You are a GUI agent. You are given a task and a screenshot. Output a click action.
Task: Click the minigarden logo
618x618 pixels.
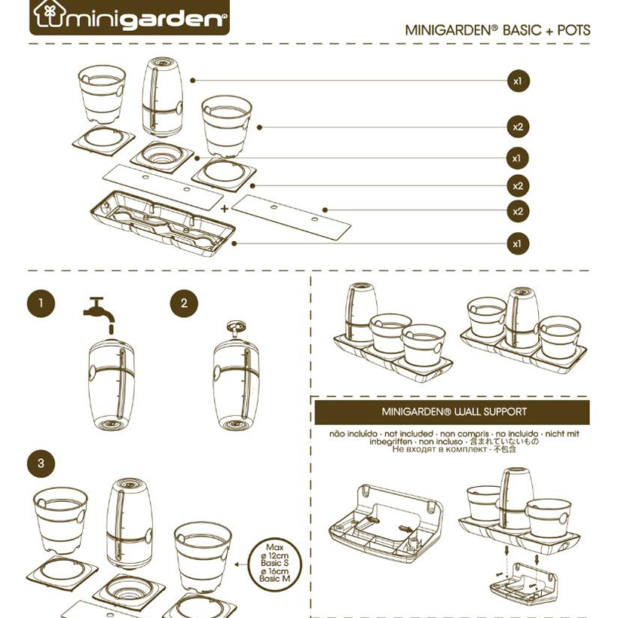click(x=129, y=17)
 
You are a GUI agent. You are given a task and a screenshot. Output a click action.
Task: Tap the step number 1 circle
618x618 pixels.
click(x=41, y=304)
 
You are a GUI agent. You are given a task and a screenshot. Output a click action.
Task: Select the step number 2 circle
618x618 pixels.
click(x=184, y=304)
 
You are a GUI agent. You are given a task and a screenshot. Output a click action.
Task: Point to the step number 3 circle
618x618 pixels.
click(x=41, y=463)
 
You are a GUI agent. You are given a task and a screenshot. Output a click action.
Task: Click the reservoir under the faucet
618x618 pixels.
click(x=112, y=385)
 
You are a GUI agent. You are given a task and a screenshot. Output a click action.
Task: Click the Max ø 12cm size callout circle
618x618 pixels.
click(x=274, y=562)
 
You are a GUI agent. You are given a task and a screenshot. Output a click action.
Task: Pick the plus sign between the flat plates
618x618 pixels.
click(x=225, y=207)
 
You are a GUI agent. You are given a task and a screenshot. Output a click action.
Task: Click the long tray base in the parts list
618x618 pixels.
click(x=161, y=223)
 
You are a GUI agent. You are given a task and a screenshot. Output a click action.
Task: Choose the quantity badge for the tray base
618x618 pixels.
click(x=517, y=244)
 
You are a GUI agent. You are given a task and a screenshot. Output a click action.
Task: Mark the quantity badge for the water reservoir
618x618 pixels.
click(x=517, y=80)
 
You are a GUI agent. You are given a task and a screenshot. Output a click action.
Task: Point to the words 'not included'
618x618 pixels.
click(x=408, y=434)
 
